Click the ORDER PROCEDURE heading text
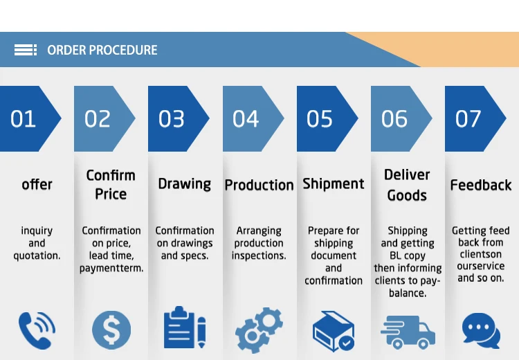click(102, 50)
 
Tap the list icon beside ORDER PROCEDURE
click(26, 50)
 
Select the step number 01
click(23, 119)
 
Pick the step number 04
click(246, 119)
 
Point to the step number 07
click(468, 119)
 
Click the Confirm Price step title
click(111, 184)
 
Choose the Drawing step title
click(184, 183)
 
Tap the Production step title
click(259, 185)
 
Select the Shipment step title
click(333, 183)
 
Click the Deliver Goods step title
click(407, 184)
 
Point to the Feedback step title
click(481, 185)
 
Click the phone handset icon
click(37, 330)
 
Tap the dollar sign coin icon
click(111, 330)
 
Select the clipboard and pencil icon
click(185, 328)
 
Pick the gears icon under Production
click(259, 330)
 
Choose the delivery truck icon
click(408, 332)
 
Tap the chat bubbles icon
click(480, 330)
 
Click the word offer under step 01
click(37, 184)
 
